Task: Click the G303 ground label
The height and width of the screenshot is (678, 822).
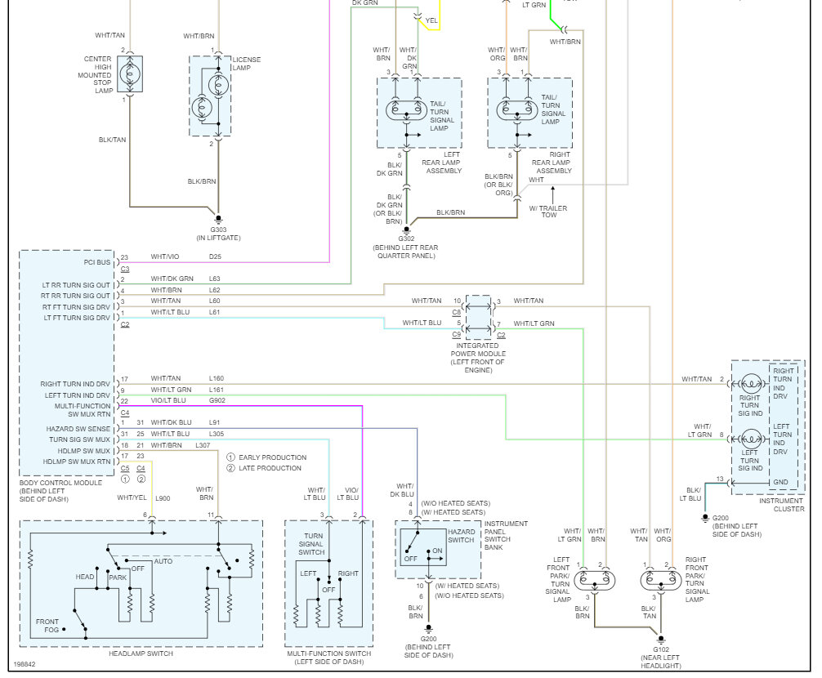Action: coord(219,230)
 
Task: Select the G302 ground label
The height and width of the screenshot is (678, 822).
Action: coord(406,239)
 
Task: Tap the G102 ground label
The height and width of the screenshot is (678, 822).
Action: coord(660,649)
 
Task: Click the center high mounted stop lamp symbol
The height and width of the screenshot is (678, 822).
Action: coord(129,74)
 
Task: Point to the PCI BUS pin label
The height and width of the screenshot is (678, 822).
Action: coord(97,262)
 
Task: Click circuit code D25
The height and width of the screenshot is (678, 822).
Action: coord(215,256)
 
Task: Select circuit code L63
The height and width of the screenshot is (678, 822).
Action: coord(214,279)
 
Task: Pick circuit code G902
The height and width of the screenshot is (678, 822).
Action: coord(217,400)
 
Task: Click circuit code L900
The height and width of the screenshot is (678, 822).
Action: coord(163,498)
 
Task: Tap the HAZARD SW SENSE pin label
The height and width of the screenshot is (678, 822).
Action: coord(78,429)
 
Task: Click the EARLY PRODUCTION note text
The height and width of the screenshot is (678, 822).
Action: coord(273,457)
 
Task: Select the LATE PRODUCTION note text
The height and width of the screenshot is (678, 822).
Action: coord(270,468)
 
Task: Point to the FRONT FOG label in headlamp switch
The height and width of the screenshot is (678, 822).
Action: coord(47,626)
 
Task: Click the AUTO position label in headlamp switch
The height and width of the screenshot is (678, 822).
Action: coord(163,561)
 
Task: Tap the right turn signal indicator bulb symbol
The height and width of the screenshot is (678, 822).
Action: coord(751,384)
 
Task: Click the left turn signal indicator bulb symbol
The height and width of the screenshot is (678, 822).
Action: coord(751,439)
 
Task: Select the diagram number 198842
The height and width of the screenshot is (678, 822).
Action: coord(25,664)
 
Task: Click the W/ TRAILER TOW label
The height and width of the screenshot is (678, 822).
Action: coord(548,211)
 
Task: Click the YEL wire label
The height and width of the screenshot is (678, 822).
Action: coord(431,20)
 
